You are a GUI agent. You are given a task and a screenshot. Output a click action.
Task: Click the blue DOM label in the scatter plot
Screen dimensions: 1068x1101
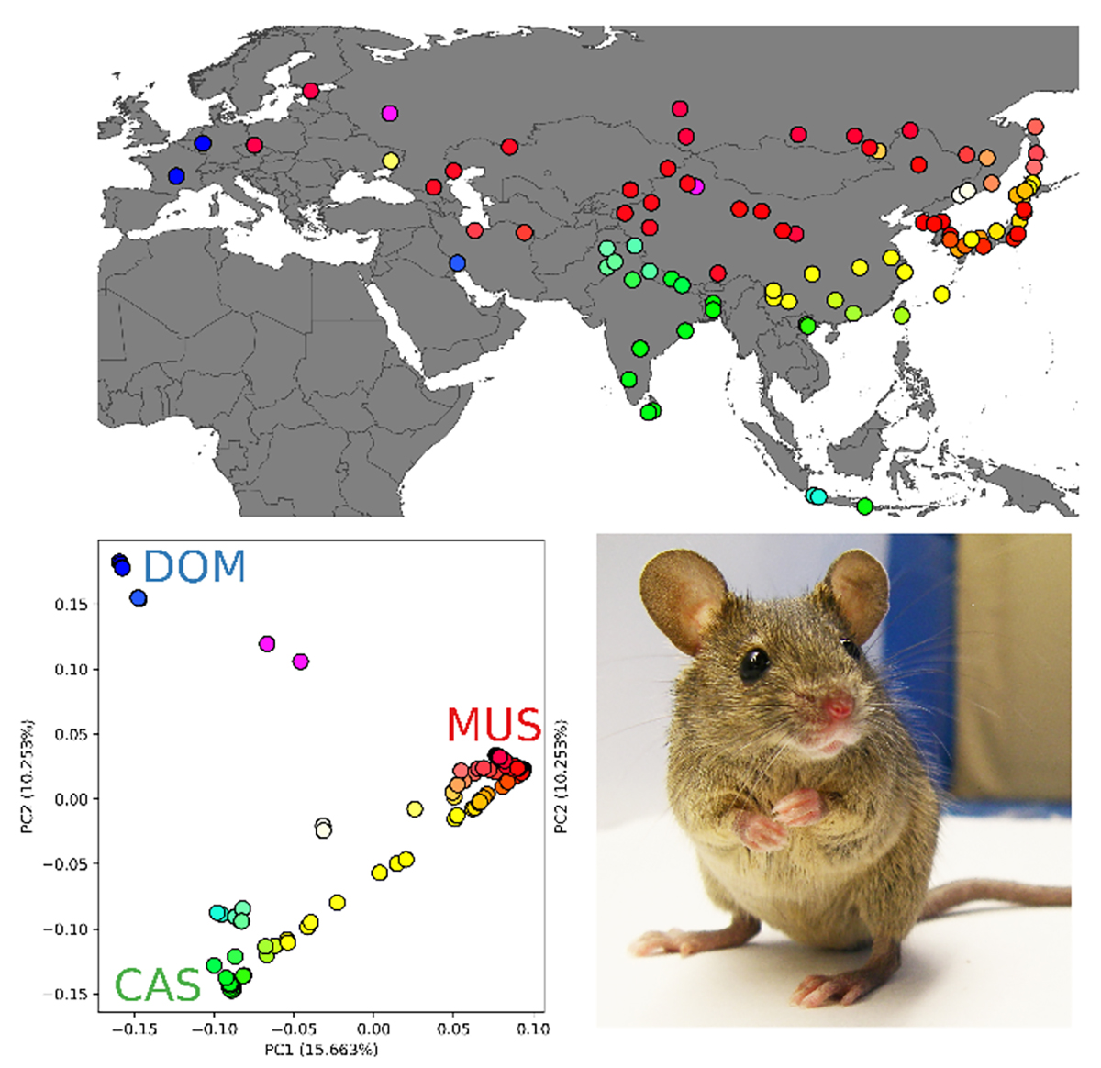(x=195, y=566)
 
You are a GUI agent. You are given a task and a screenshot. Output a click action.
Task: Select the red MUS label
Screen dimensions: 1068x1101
(x=494, y=725)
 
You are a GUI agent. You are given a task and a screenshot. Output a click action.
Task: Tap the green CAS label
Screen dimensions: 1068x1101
(x=157, y=985)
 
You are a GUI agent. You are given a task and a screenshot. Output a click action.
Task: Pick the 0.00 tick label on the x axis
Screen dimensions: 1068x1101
(x=373, y=1029)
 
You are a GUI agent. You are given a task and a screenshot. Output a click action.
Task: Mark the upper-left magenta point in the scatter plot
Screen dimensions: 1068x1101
(x=267, y=644)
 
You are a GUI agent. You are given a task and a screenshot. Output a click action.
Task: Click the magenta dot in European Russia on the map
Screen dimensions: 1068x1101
(x=390, y=114)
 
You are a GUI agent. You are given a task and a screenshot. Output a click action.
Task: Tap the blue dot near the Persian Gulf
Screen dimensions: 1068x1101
(x=458, y=263)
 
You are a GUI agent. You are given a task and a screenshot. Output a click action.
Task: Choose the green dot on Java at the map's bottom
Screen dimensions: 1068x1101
(x=864, y=506)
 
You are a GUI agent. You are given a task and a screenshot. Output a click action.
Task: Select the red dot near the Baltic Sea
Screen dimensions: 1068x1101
(x=311, y=91)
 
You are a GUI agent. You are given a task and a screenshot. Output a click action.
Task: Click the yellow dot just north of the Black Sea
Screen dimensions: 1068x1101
(x=390, y=161)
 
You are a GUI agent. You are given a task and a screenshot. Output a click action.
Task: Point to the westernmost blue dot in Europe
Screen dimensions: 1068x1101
(x=176, y=175)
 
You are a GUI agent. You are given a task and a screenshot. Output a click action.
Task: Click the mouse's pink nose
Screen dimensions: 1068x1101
(x=837, y=707)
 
